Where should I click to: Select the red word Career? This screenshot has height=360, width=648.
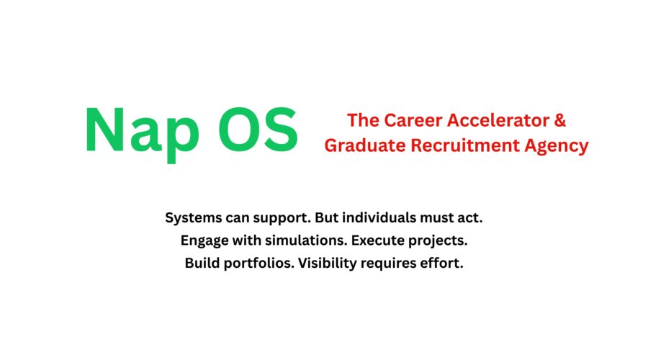(x=408, y=120)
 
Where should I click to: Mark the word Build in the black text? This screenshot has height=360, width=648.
(x=202, y=263)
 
